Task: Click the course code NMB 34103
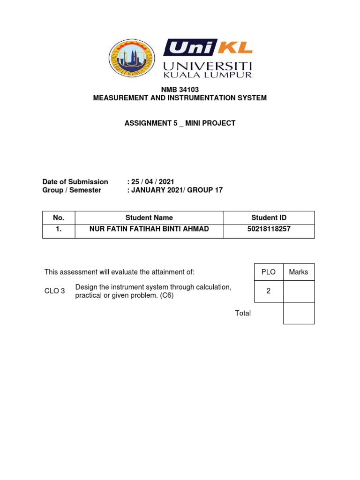[x=180, y=90]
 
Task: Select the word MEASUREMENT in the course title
[x=120, y=98]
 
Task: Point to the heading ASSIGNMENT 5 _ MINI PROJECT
[x=180, y=123]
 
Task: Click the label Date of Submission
[x=75, y=182]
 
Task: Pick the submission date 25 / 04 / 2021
[x=153, y=182]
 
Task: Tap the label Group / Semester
[x=72, y=190]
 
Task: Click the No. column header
[x=59, y=217]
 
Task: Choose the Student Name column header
[x=149, y=217]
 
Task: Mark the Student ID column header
[x=269, y=217]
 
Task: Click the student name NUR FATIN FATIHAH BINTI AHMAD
[x=149, y=229]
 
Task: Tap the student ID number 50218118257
[x=269, y=229]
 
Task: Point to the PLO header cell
[x=268, y=272]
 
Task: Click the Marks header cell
[x=299, y=272]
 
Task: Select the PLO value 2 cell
[x=268, y=291]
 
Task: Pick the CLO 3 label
[x=54, y=291]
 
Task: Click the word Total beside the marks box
[x=243, y=313]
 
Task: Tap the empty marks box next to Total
[x=299, y=313]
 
